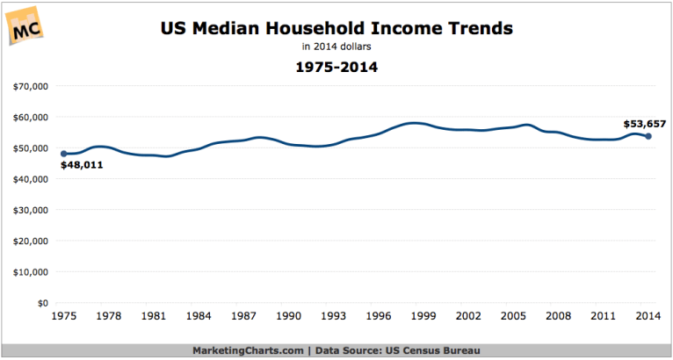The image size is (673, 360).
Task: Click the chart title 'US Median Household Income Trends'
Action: coord(336,29)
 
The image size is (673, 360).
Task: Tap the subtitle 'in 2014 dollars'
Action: coord(337,47)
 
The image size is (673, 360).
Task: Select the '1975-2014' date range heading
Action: coord(337,67)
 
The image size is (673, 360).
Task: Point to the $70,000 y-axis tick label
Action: coord(30,87)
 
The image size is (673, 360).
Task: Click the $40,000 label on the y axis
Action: coord(30,179)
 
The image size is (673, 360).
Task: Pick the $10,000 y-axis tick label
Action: coord(30,271)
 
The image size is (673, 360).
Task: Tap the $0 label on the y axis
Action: coord(40,303)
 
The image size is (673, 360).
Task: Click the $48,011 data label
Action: coord(82,164)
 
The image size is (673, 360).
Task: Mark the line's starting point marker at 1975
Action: coord(63,154)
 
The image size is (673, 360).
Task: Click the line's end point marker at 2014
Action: coord(648,136)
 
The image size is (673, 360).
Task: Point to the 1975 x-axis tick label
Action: coord(63,316)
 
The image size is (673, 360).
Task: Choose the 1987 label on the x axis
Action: coord(243,316)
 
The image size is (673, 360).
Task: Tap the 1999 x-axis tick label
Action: coord(423,316)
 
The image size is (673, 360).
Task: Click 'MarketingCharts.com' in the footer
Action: coord(249,349)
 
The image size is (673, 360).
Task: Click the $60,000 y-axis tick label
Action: coord(30,118)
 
